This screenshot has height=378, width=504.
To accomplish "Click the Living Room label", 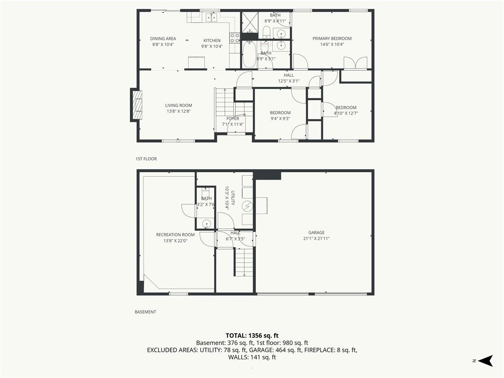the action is [179, 105].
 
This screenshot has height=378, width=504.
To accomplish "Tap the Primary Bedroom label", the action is [332, 38].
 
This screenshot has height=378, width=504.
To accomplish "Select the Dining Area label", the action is [163, 39].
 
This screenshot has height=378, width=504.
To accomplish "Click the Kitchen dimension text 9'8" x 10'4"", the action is [212, 46].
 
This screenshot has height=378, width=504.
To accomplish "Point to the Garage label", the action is [316, 232].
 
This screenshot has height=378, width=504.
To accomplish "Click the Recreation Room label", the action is [175, 235].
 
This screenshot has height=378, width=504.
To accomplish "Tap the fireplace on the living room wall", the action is [136, 105].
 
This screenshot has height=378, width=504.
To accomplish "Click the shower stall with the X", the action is [250, 23].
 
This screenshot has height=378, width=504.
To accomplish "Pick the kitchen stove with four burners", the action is [235, 38].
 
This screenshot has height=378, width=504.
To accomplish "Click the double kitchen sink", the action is [211, 18].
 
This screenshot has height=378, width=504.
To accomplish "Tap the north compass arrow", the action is [485, 361].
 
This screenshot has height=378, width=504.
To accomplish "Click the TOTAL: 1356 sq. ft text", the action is [252, 336].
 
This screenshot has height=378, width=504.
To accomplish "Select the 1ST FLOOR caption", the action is [146, 159].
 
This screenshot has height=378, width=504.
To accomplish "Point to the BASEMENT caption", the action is [145, 312].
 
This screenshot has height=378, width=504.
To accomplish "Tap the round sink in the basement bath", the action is [207, 223].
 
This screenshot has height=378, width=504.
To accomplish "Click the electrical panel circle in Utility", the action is [247, 206].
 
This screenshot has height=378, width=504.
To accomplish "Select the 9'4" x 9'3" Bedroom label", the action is [280, 115].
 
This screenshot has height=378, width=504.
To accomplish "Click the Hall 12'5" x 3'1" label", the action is [288, 78].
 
